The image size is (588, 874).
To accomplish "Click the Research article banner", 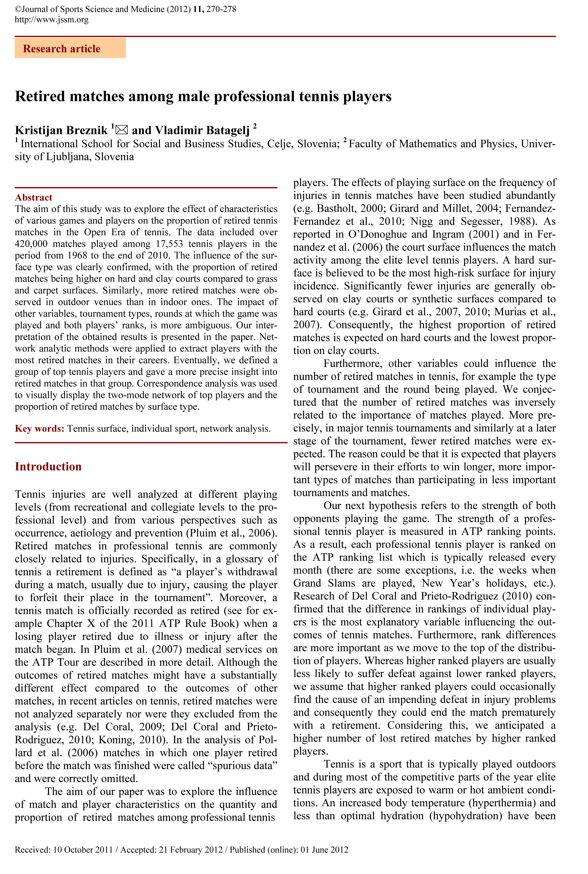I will (x=70, y=48).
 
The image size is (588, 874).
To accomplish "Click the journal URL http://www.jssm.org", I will (x=52, y=19).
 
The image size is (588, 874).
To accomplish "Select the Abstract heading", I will (x=33, y=197).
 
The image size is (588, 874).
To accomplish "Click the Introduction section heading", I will (x=48, y=466).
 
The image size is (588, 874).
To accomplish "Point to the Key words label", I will (x=39, y=429).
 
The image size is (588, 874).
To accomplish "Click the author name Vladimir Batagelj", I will (x=202, y=130).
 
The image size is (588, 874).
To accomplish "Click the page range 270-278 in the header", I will (x=221, y=9).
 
